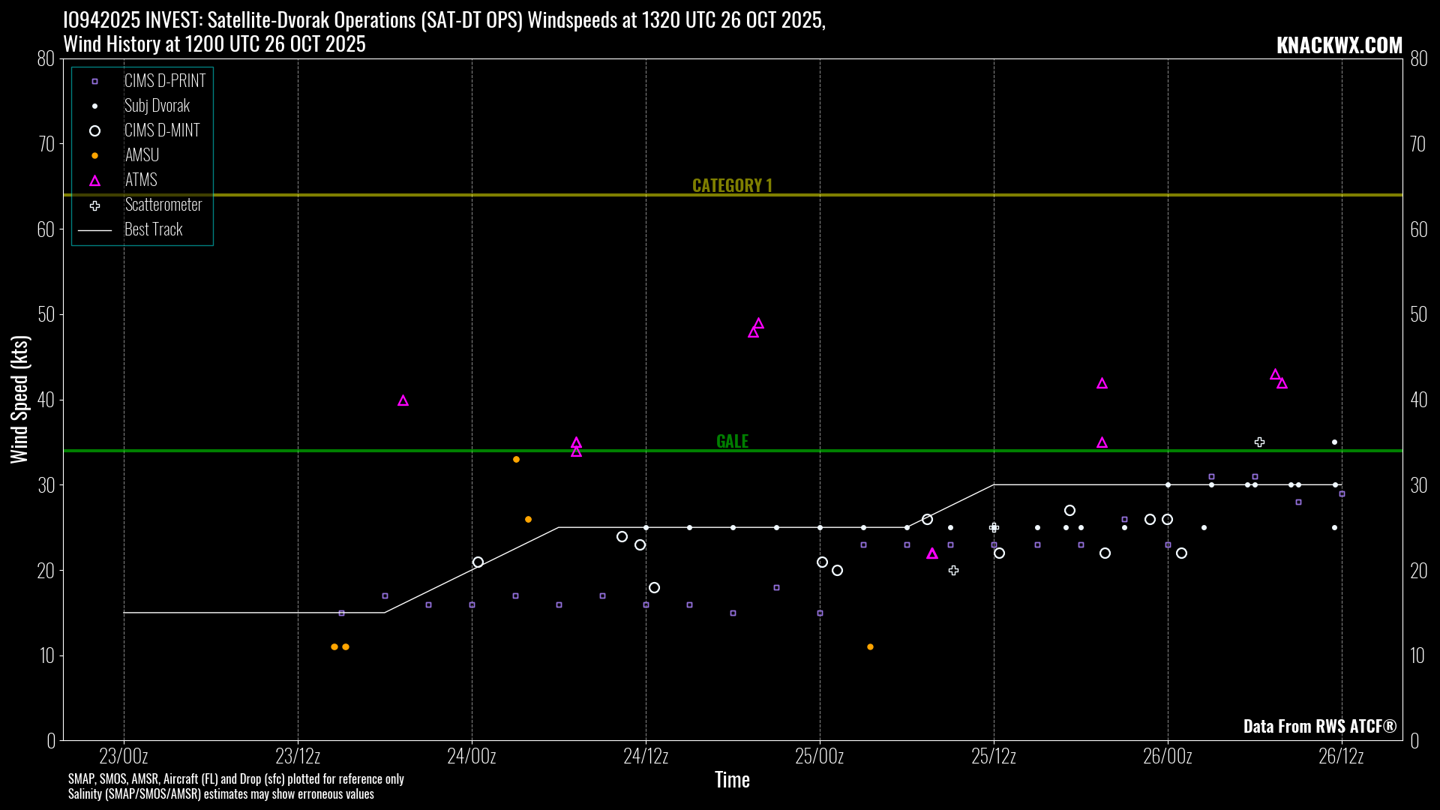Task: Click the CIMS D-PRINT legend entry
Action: pyautogui.click(x=164, y=81)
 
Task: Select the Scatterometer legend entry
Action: pyautogui.click(x=163, y=205)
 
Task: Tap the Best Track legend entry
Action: pyautogui.click(x=153, y=229)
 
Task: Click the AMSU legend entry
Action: pyautogui.click(x=142, y=155)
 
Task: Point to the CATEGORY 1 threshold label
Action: pyautogui.click(x=732, y=185)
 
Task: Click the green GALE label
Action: pyautogui.click(x=732, y=441)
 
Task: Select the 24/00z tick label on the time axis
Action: pyautogui.click(x=472, y=756)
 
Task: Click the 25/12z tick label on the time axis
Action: pyautogui.click(x=994, y=756)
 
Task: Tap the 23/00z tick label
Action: pyautogui.click(x=124, y=756)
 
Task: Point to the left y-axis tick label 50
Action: pyautogui.click(x=46, y=314)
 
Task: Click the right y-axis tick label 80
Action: pyautogui.click(x=1418, y=58)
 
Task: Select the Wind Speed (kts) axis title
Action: pyautogui.click(x=19, y=399)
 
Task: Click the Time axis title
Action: pyautogui.click(x=732, y=780)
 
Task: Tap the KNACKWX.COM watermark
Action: pyautogui.click(x=1339, y=45)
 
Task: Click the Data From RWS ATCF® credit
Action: pyautogui.click(x=1320, y=726)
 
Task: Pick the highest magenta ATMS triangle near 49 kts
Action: pyautogui.click(x=758, y=324)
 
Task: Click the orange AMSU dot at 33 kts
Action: pyautogui.click(x=516, y=459)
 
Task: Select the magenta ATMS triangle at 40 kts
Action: pyautogui.click(x=403, y=401)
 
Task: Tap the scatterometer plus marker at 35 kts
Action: pyautogui.click(x=1260, y=442)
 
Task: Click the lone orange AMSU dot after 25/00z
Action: pyautogui.click(x=870, y=646)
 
